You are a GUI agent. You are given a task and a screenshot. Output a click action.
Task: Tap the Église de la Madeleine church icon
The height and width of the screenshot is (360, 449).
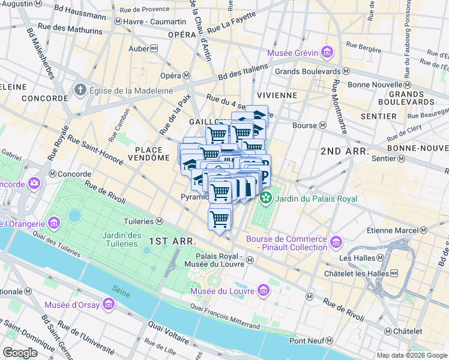(80, 91)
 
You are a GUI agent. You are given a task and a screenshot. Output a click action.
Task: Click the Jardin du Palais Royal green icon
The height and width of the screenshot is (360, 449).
(265, 198)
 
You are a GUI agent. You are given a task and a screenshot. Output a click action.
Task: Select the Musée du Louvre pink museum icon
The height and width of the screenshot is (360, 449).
(263, 291)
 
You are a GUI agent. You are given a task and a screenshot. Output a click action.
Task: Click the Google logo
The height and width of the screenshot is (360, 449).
(20, 352)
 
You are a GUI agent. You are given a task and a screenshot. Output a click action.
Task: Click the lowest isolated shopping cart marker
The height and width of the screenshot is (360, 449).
(220, 218)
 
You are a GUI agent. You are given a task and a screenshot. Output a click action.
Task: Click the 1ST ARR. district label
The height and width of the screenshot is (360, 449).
(172, 240)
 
